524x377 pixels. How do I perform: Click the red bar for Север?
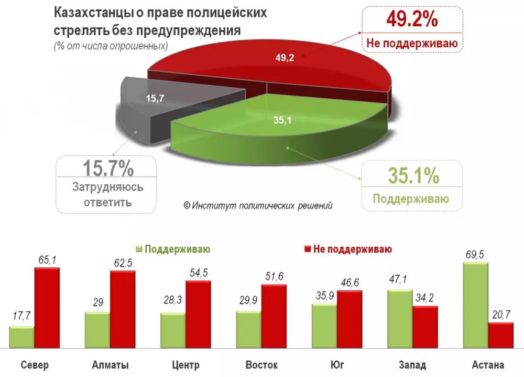coord(47,307)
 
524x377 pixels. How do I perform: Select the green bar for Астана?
coord(475,305)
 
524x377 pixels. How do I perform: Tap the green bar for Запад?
coord(399,318)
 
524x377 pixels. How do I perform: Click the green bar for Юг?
coord(324,326)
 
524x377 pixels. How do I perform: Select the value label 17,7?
coord(21,317)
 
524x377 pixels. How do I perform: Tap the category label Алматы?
coord(110,365)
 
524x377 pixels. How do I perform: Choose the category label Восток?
coord(261,365)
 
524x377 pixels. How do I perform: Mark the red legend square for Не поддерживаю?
coord(307,248)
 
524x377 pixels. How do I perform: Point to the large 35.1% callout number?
coord(413,176)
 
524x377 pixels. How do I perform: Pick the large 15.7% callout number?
coord(108,169)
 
